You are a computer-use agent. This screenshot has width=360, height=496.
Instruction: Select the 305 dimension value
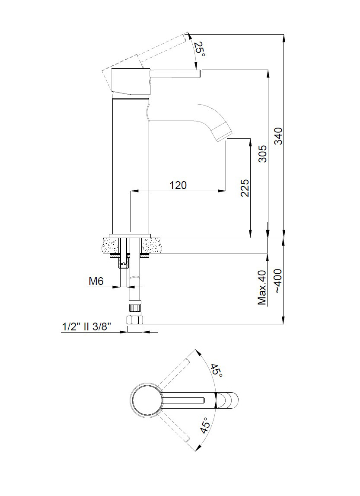[x=262, y=154]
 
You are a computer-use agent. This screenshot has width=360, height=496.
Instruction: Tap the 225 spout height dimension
[x=245, y=188]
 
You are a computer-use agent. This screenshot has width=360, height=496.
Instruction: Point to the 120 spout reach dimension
[x=178, y=185]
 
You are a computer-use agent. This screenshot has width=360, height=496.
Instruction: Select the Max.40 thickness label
[x=262, y=288]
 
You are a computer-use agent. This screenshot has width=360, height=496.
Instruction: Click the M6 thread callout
[x=96, y=282]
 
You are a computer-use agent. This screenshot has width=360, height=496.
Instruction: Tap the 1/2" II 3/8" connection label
[x=86, y=327]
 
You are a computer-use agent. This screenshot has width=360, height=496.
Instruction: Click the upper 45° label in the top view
[x=217, y=371]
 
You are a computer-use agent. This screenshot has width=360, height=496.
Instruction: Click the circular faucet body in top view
[x=147, y=400]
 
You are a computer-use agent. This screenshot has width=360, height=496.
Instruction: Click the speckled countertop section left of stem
[x=111, y=245]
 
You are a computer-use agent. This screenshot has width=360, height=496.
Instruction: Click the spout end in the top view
[x=231, y=400]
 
